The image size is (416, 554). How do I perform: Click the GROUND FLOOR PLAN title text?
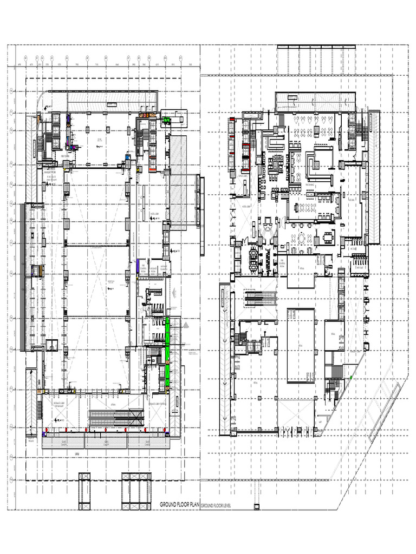(179, 505)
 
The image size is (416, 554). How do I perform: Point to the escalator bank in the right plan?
(261, 299)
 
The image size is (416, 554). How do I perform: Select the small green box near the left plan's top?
(168, 120)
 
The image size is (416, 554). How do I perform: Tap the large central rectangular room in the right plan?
(301, 345)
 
